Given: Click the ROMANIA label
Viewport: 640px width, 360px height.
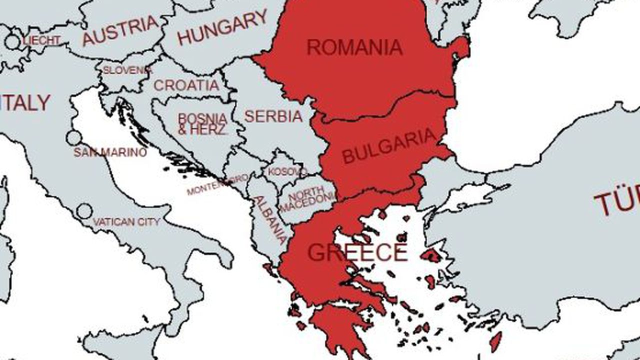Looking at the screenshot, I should (x=354, y=47).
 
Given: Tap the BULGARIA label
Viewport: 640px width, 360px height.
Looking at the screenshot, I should (x=389, y=146).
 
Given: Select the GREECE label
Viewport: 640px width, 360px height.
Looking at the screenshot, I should (x=357, y=252).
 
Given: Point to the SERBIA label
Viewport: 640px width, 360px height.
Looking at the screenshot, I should (x=273, y=116).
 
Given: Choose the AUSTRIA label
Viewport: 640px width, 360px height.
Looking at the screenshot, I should (x=120, y=31).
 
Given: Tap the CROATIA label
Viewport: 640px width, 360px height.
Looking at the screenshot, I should (x=186, y=85).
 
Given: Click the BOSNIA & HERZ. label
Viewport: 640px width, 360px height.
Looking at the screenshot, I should (x=202, y=123).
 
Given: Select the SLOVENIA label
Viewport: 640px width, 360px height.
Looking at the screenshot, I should (x=127, y=70).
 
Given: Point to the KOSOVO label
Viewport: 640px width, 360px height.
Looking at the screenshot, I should (x=287, y=171).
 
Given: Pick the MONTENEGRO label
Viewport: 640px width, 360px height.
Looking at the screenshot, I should (x=217, y=184).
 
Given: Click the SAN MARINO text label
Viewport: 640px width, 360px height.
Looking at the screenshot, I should (x=110, y=152).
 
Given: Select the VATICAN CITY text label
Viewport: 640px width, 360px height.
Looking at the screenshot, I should (x=126, y=221).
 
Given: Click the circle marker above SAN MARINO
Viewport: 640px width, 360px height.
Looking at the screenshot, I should (x=73, y=138).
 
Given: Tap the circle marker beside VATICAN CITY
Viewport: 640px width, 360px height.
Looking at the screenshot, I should (x=84, y=211).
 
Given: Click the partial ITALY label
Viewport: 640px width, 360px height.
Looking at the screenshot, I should (x=25, y=103).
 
